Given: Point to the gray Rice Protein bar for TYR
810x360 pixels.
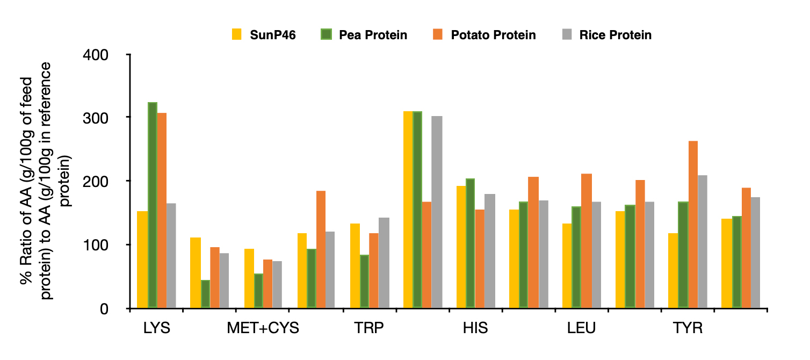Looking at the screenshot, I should click(x=703, y=242).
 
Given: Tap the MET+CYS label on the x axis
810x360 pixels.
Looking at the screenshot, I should click(x=263, y=328).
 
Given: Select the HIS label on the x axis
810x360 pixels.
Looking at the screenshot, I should click(x=475, y=328).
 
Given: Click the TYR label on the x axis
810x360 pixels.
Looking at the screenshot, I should click(x=687, y=328).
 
